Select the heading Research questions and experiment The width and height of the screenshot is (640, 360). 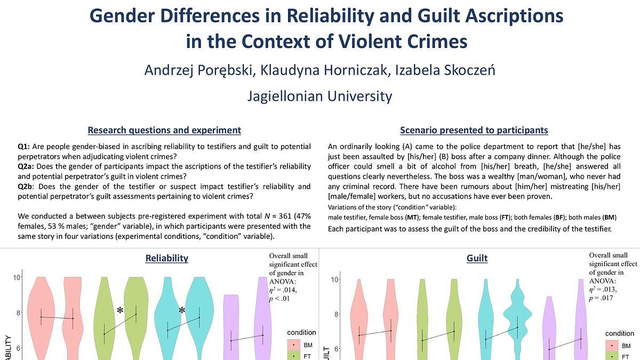click(164, 130)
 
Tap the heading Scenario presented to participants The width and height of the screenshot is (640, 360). click(474, 130)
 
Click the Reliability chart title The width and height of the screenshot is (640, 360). click(167, 258)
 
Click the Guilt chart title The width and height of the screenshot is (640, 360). click(477, 258)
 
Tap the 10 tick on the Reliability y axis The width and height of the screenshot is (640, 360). click(17, 277)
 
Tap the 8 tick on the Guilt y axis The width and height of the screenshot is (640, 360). click(337, 314)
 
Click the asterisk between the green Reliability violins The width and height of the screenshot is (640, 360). click(121, 311)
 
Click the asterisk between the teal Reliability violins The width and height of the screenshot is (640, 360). click(182, 310)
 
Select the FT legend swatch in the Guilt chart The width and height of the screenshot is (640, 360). click(611, 356)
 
